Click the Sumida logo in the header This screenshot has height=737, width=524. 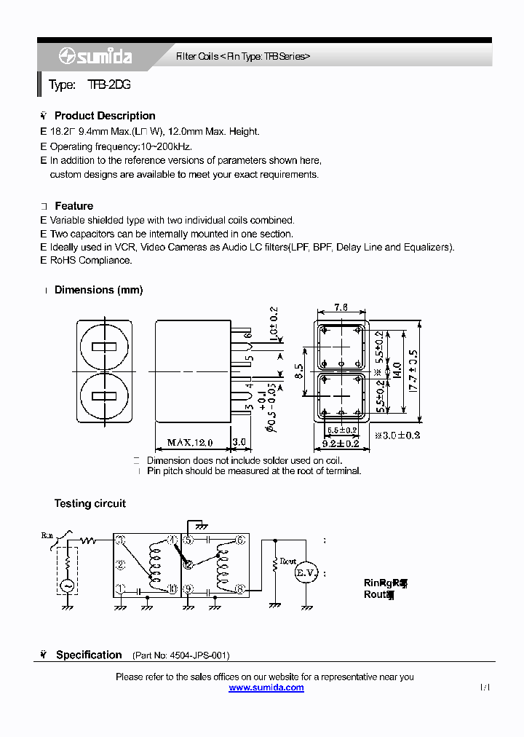coord(95,56)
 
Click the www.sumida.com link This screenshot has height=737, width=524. coord(266,687)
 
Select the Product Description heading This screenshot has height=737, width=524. coord(105,116)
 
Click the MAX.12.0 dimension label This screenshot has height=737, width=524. coord(189,442)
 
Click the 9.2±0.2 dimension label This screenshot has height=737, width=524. coord(341,443)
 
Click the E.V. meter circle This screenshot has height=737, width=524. coord(308,573)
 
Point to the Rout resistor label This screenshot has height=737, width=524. coord(288,562)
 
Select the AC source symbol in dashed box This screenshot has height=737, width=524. coord(67,585)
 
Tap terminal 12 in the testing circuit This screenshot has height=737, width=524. coord(188,564)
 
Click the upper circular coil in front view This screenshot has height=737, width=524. coord(105,346)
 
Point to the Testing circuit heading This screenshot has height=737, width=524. coord(90,503)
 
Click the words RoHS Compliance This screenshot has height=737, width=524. coord(91,260)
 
